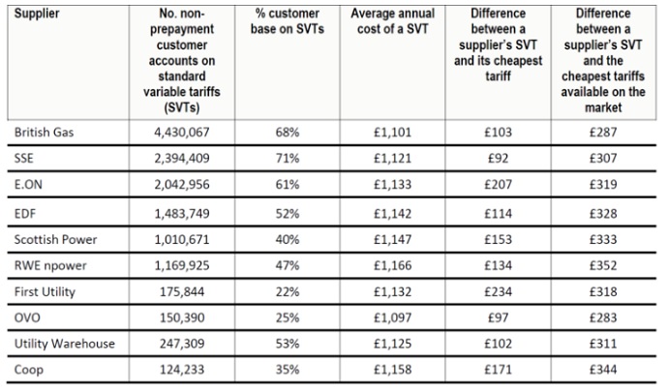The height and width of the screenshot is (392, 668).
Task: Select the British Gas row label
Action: (x=47, y=133)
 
